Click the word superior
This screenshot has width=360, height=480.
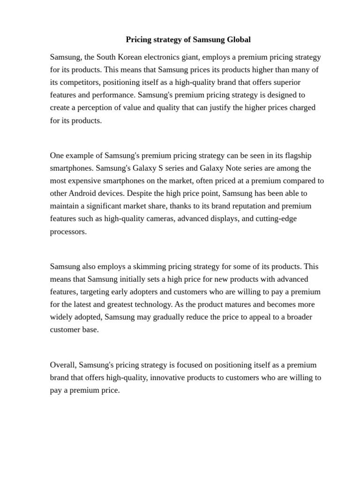(x=292, y=82)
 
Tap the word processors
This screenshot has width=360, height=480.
(x=68, y=232)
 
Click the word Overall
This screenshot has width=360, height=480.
(x=63, y=365)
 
